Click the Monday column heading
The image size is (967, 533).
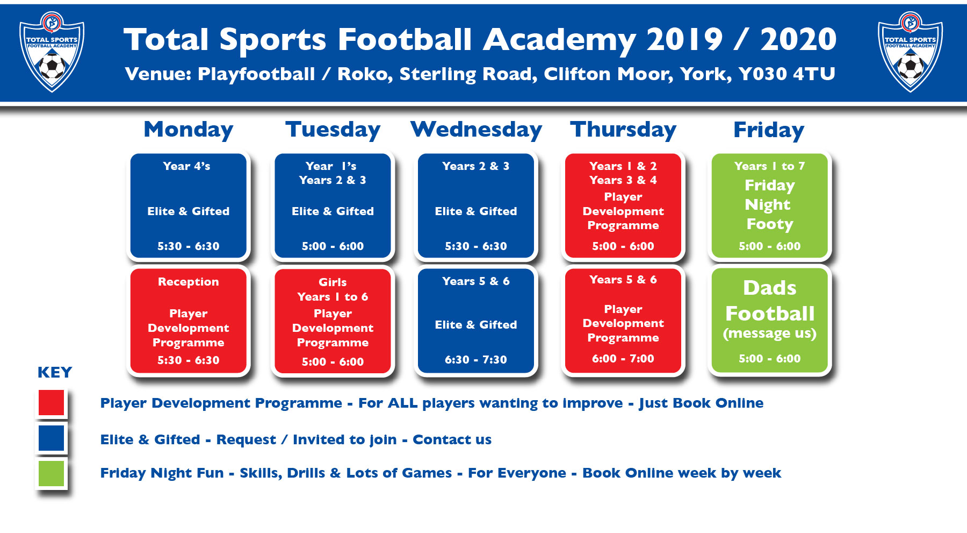click(189, 130)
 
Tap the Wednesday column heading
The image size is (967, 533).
click(476, 130)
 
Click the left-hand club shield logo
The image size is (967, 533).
click(52, 52)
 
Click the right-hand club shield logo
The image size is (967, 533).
click(910, 52)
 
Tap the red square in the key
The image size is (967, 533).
click(52, 403)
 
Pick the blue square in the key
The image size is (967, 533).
click(52, 438)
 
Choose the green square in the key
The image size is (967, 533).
click(52, 473)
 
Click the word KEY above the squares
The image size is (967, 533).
click(55, 372)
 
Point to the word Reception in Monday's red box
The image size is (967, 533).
click(189, 282)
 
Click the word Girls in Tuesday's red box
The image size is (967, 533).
click(333, 282)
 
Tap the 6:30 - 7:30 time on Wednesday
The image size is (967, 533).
click(476, 360)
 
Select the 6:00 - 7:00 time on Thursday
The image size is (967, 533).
click(623, 359)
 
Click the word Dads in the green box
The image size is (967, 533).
click(770, 288)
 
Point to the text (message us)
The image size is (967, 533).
click(770, 334)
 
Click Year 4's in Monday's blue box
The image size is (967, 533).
click(186, 166)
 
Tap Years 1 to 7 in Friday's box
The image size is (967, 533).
click(770, 166)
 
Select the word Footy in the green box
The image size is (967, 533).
click(770, 224)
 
